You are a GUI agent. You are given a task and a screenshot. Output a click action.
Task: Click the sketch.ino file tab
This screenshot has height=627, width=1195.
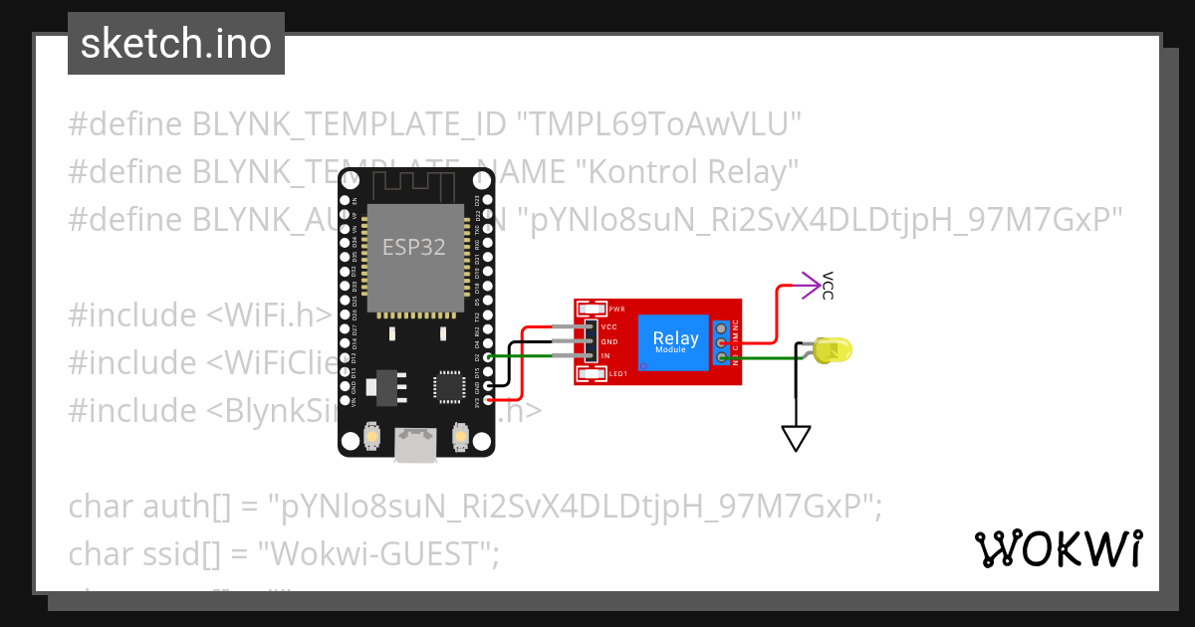tap(175, 44)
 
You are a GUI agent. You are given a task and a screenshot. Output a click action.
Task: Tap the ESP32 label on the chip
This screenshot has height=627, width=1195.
tap(414, 246)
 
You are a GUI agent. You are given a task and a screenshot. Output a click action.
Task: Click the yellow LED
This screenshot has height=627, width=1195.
tap(832, 350)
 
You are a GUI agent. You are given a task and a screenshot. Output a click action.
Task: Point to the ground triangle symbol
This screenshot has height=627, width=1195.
tap(796, 438)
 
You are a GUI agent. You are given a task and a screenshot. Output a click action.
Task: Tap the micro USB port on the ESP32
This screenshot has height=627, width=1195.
tap(415, 445)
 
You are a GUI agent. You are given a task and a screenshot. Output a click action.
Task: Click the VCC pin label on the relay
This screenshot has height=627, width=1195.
tap(609, 326)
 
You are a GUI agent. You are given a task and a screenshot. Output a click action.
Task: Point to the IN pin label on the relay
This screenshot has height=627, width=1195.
tap(605, 355)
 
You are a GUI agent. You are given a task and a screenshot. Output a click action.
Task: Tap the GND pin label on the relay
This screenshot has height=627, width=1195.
tap(609, 341)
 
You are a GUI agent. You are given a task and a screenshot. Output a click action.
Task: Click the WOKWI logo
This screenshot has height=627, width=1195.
tap(1059, 548)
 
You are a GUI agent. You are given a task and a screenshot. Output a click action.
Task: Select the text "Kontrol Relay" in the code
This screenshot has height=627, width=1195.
tap(688, 171)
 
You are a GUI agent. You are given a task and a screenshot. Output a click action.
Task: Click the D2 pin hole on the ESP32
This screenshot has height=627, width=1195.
tap(488, 356)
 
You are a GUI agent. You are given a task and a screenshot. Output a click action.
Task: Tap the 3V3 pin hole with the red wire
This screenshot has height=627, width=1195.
tap(488, 399)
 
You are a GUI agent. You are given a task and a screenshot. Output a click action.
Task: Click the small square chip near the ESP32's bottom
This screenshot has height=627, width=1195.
tap(448, 386)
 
